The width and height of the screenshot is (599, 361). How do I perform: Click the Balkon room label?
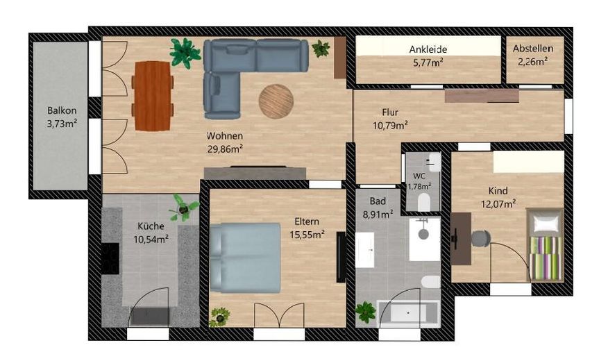pos(62,110)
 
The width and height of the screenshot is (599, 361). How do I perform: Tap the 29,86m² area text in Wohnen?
pos(226,149)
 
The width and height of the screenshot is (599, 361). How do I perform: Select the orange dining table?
pos(153,96)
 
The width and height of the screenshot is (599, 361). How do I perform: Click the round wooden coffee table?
pos(276,101)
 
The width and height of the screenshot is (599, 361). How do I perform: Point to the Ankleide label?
pos(428,49)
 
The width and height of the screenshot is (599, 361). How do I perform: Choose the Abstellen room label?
pos(533,49)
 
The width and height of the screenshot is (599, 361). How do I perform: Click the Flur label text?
pos(390,112)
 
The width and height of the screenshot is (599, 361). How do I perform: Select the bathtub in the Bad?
pos(407,313)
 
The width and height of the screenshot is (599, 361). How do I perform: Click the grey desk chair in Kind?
pos(480,239)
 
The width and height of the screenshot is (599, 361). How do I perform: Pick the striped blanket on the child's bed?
pos(546,258)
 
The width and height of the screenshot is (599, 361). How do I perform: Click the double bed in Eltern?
pos(245,258)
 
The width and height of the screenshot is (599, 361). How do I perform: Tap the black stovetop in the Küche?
pos(110,259)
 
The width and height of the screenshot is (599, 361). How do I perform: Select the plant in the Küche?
pos(184,208)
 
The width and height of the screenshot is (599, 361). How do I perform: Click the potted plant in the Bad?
pos(365,312)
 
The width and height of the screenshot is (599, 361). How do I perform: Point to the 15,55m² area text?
pos(307,234)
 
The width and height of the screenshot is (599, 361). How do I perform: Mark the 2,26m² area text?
pos(533,61)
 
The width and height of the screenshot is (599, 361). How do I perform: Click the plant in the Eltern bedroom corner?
pos(219,317)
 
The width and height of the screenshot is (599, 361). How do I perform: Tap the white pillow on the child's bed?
pos(546,223)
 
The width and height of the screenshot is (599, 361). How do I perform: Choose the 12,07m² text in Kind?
pos(498,204)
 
